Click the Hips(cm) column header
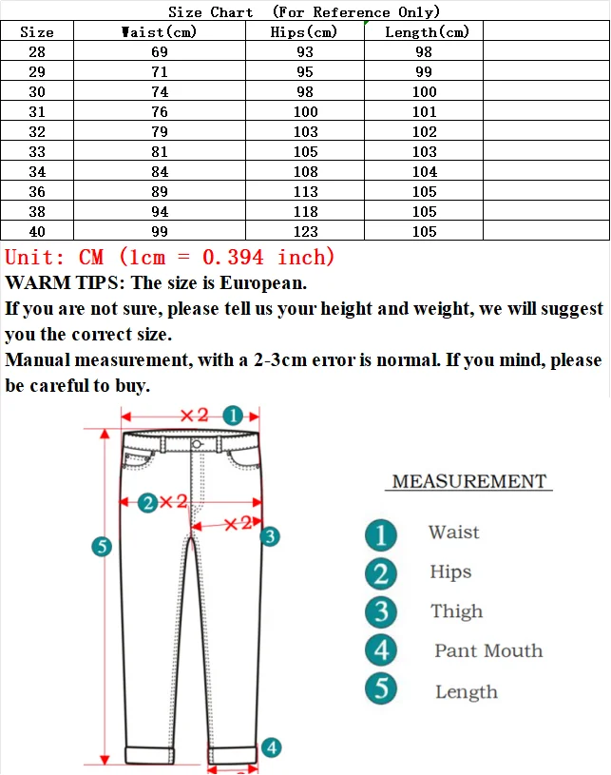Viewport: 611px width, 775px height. pyautogui.click(x=305, y=32)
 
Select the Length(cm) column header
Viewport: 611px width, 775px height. pyautogui.click(x=427, y=32)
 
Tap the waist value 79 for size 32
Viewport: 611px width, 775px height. pyautogui.click(x=160, y=132)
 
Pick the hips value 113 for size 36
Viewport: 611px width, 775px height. pyautogui.click(x=306, y=192)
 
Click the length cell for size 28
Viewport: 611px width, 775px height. pyautogui.click(x=424, y=52)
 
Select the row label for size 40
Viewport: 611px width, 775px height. pyautogui.click(x=37, y=232)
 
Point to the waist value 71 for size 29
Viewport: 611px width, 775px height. pyautogui.click(x=160, y=72)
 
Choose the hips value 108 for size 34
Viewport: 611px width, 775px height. pyautogui.click(x=306, y=172)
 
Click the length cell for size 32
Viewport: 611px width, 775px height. pyautogui.click(x=424, y=132)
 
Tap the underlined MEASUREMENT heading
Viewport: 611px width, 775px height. pyautogui.click(x=469, y=482)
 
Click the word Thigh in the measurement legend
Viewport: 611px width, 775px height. pyautogui.click(x=456, y=611)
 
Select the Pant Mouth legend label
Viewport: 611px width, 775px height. pyautogui.click(x=488, y=651)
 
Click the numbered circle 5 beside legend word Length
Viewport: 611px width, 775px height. pyautogui.click(x=381, y=688)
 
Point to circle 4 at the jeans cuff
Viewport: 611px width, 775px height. pyautogui.click(x=271, y=747)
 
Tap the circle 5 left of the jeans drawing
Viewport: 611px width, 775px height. pyautogui.click(x=102, y=546)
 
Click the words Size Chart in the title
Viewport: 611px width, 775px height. pyautogui.click(x=211, y=12)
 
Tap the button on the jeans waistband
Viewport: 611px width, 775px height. pyautogui.click(x=197, y=444)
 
